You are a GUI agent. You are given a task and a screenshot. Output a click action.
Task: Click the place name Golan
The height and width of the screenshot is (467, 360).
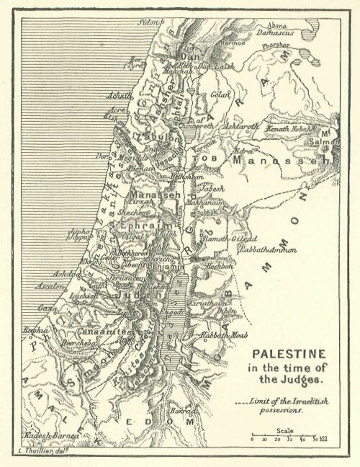pos(219,94)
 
